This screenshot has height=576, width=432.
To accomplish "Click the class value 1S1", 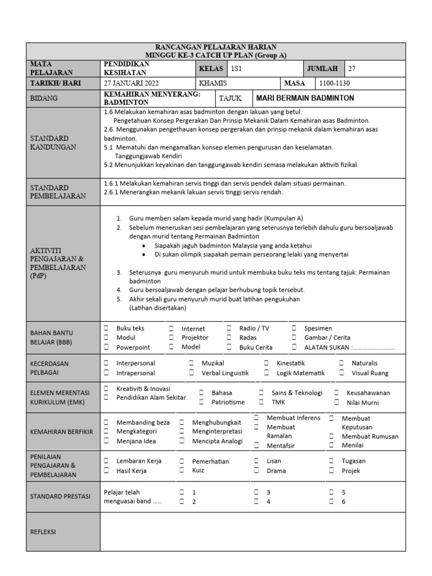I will pyautogui.click(x=236, y=69).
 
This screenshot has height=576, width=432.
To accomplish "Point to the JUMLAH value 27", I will pyautogui.click(x=352, y=69).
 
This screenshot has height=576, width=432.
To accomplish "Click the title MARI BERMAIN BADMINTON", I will pyautogui.click(x=305, y=98).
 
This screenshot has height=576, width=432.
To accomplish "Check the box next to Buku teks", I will pyautogui.click(x=106, y=328).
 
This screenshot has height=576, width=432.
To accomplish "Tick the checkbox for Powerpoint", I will pyautogui.click(x=106, y=347).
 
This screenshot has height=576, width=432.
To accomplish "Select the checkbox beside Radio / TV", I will pyautogui.click(x=229, y=328).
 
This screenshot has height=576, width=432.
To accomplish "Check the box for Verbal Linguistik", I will pyautogui.click(x=192, y=373).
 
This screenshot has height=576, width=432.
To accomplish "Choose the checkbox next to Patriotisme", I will pyautogui.click(x=201, y=402).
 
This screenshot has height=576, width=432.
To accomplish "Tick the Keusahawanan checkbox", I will pyautogui.click(x=336, y=393).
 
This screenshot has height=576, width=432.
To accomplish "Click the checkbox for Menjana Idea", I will pyautogui.click(x=106, y=442).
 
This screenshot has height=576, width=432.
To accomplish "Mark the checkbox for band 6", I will pyautogui.click(x=332, y=501).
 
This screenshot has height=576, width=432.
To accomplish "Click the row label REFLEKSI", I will pyautogui.click(x=43, y=532).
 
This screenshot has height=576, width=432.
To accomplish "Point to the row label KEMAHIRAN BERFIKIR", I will pyautogui.click(x=62, y=431).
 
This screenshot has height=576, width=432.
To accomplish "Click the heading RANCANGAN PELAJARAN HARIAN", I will pyautogui.click(x=215, y=47).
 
